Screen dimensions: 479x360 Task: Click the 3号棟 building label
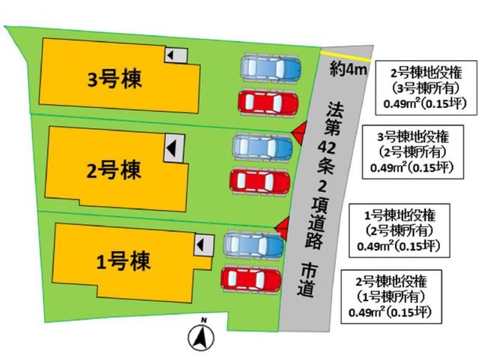point(115,79)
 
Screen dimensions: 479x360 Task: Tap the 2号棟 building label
point(114,170)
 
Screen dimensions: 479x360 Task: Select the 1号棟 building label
point(123,262)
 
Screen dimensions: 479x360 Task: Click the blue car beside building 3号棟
point(271,67)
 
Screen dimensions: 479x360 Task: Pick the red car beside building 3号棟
point(268,103)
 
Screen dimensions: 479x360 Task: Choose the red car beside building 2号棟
point(259,181)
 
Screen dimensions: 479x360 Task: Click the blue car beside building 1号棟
point(254,244)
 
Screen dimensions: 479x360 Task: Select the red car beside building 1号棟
point(251,279)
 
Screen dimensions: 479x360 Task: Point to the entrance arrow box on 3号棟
point(176,55)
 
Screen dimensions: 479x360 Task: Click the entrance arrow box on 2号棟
point(174,148)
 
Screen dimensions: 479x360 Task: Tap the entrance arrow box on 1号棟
point(204,244)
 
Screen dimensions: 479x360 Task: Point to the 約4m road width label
point(348,70)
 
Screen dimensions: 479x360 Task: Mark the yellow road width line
point(346,56)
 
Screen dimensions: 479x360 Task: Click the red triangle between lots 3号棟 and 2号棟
point(299,133)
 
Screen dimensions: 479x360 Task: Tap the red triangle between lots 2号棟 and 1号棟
point(282,229)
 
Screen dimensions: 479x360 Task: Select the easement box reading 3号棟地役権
point(413,152)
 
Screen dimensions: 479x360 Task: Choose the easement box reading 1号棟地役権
point(400,230)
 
